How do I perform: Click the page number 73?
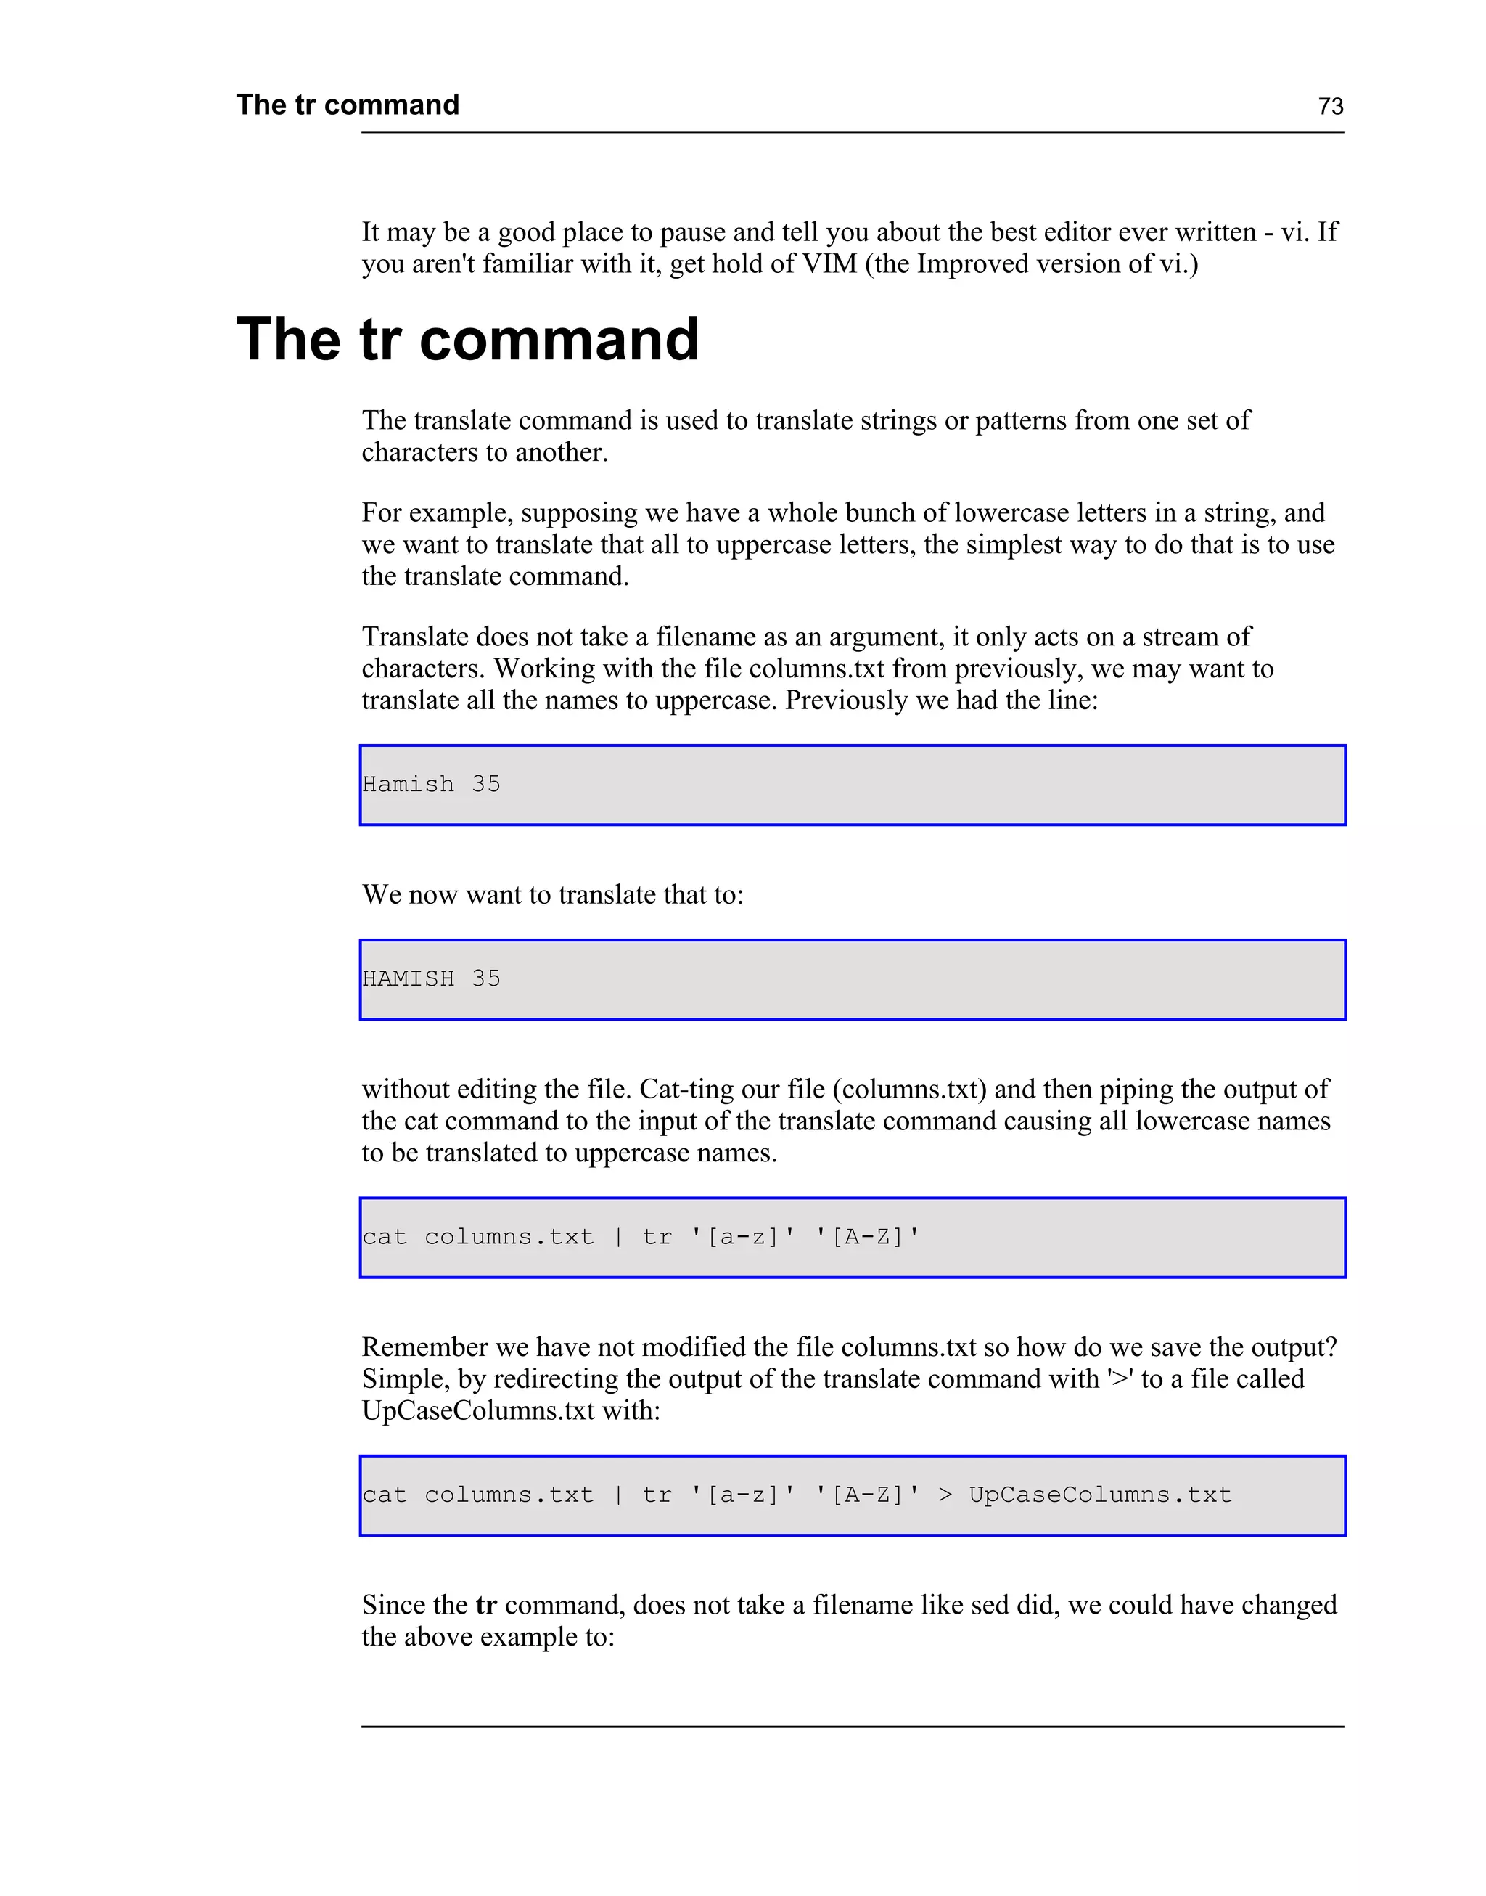pos(1330,106)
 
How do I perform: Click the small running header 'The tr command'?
pos(347,105)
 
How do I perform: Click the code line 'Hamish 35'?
pos(431,784)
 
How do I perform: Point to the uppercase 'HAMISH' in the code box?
pos(408,979)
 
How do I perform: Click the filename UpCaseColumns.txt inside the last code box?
pos(1100,1495)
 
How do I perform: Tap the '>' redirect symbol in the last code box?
pos(945,1495)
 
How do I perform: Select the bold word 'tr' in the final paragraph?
pos(485,1604)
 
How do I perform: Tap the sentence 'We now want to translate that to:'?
pos(552,894)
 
